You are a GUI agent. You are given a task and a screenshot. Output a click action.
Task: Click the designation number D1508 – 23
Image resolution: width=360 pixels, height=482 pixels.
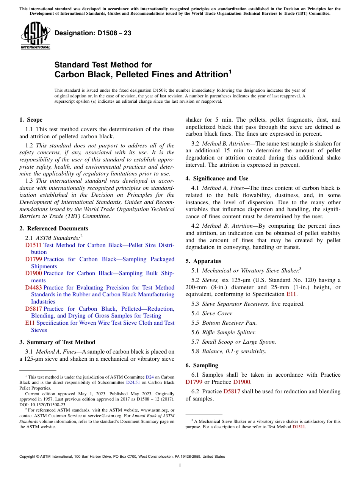coord(93,33)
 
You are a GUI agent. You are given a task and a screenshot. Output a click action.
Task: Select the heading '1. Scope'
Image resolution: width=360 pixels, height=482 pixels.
coord(31,120)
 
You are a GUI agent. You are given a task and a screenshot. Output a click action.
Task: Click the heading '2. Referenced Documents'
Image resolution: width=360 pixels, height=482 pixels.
coord(53,228)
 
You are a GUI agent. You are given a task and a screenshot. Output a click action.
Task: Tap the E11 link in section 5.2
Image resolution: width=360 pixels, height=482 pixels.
coord(291,294)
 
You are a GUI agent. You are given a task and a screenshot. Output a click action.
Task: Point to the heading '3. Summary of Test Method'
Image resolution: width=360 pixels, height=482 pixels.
coord(57,342)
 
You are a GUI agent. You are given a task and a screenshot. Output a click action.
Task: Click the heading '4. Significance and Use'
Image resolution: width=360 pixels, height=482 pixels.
coord(217,178)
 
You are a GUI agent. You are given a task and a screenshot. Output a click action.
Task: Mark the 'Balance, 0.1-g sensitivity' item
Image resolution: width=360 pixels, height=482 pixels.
coord(234,351)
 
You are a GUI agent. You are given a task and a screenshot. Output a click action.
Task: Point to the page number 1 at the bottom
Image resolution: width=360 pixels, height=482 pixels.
coord(180,466)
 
